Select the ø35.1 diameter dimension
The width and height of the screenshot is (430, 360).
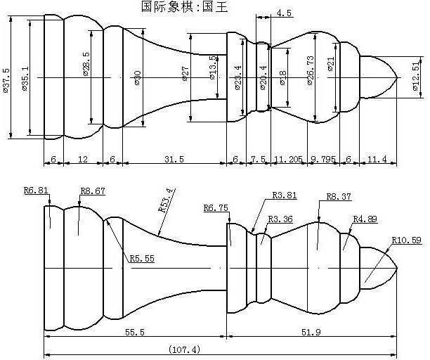click(x=26, y=78)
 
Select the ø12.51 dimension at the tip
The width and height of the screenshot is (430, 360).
click(x=416, y=77)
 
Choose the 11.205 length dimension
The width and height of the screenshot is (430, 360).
click(x=288, y=160)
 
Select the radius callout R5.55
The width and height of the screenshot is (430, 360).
click(x=142, y=258)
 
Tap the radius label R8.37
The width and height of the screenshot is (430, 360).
click(x=339, y=198)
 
